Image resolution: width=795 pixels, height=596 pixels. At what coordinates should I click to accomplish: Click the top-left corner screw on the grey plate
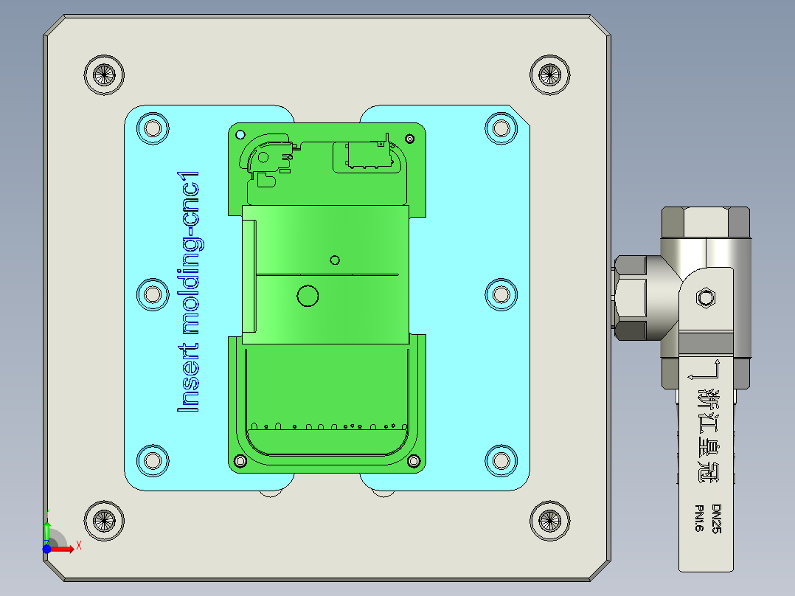(x=105, y=74)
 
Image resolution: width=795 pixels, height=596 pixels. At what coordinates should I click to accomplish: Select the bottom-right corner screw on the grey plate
(x=550, y=520)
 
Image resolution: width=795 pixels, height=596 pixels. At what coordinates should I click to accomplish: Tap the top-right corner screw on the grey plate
(x=550, y=74)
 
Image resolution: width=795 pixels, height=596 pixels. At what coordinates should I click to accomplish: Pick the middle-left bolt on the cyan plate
(x=153, y=295)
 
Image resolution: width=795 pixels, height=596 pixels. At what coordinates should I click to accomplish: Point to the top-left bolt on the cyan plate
(x=153, y=128)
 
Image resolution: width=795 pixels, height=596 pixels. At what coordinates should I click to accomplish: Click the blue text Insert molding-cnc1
(x=190, y=291)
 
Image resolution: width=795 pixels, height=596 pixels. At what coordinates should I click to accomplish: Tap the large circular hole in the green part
(x=307, y=296)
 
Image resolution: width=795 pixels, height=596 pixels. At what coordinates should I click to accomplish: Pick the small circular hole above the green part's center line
(x=335, y=260)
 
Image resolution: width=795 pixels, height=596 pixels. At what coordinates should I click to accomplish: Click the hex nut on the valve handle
(x=706, y=297)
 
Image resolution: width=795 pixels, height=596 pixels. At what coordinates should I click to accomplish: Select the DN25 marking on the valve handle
(x=716, y=519)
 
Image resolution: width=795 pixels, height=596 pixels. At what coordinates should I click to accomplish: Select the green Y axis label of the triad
(x=48, y=511)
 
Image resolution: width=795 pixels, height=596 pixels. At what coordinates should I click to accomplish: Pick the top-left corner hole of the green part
(x=239, y=135)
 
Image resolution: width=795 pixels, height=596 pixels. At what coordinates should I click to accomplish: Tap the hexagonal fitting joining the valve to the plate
(x=631, y=298)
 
